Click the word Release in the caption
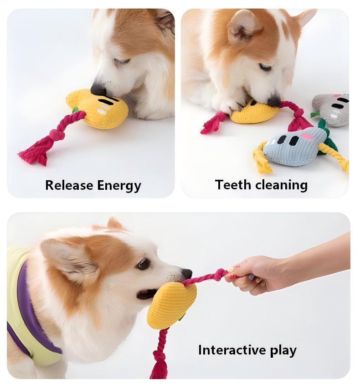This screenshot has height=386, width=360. coord(69,185)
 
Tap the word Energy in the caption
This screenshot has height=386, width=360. coord(119,186)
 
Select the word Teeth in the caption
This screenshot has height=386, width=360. coord(233,184)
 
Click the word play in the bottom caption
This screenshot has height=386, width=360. coord(283,351)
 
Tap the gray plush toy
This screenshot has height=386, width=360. coord(331,110)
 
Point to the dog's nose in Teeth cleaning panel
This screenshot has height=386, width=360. coord(274,101)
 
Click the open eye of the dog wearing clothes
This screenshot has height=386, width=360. coord(144,264)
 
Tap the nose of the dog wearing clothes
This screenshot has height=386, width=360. coord(187,273)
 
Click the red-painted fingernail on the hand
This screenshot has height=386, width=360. coord(232,277)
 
